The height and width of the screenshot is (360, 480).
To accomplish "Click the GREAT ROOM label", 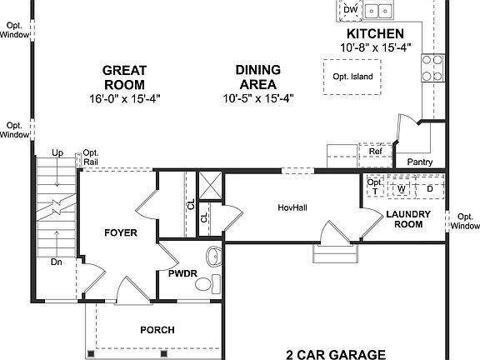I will coord(123,77).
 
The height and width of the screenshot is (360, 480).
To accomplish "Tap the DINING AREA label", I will coord(257,77).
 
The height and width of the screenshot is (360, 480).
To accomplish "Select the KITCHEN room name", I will coord(375,33).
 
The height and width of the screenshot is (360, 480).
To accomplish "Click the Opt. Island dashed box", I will coord(352,77).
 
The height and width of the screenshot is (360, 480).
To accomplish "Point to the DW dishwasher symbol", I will coord(350,10).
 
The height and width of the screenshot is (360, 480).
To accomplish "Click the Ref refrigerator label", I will coord(375,152).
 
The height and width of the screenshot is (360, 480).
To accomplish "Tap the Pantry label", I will coord(419,162).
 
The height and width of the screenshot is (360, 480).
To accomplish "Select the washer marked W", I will coord(402,188).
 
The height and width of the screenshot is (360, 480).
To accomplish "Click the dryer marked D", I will coord(430,188).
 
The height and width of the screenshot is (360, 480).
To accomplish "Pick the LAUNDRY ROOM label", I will coord(408,218).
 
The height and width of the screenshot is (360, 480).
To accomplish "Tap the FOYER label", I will coord(120,232).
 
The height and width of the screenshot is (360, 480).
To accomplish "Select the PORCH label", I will coord(157,330).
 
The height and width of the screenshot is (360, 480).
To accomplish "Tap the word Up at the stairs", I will coord(57,153).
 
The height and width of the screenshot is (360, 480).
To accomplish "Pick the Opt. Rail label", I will coord(90,157).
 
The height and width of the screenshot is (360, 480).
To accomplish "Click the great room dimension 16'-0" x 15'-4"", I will coord(123,97).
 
